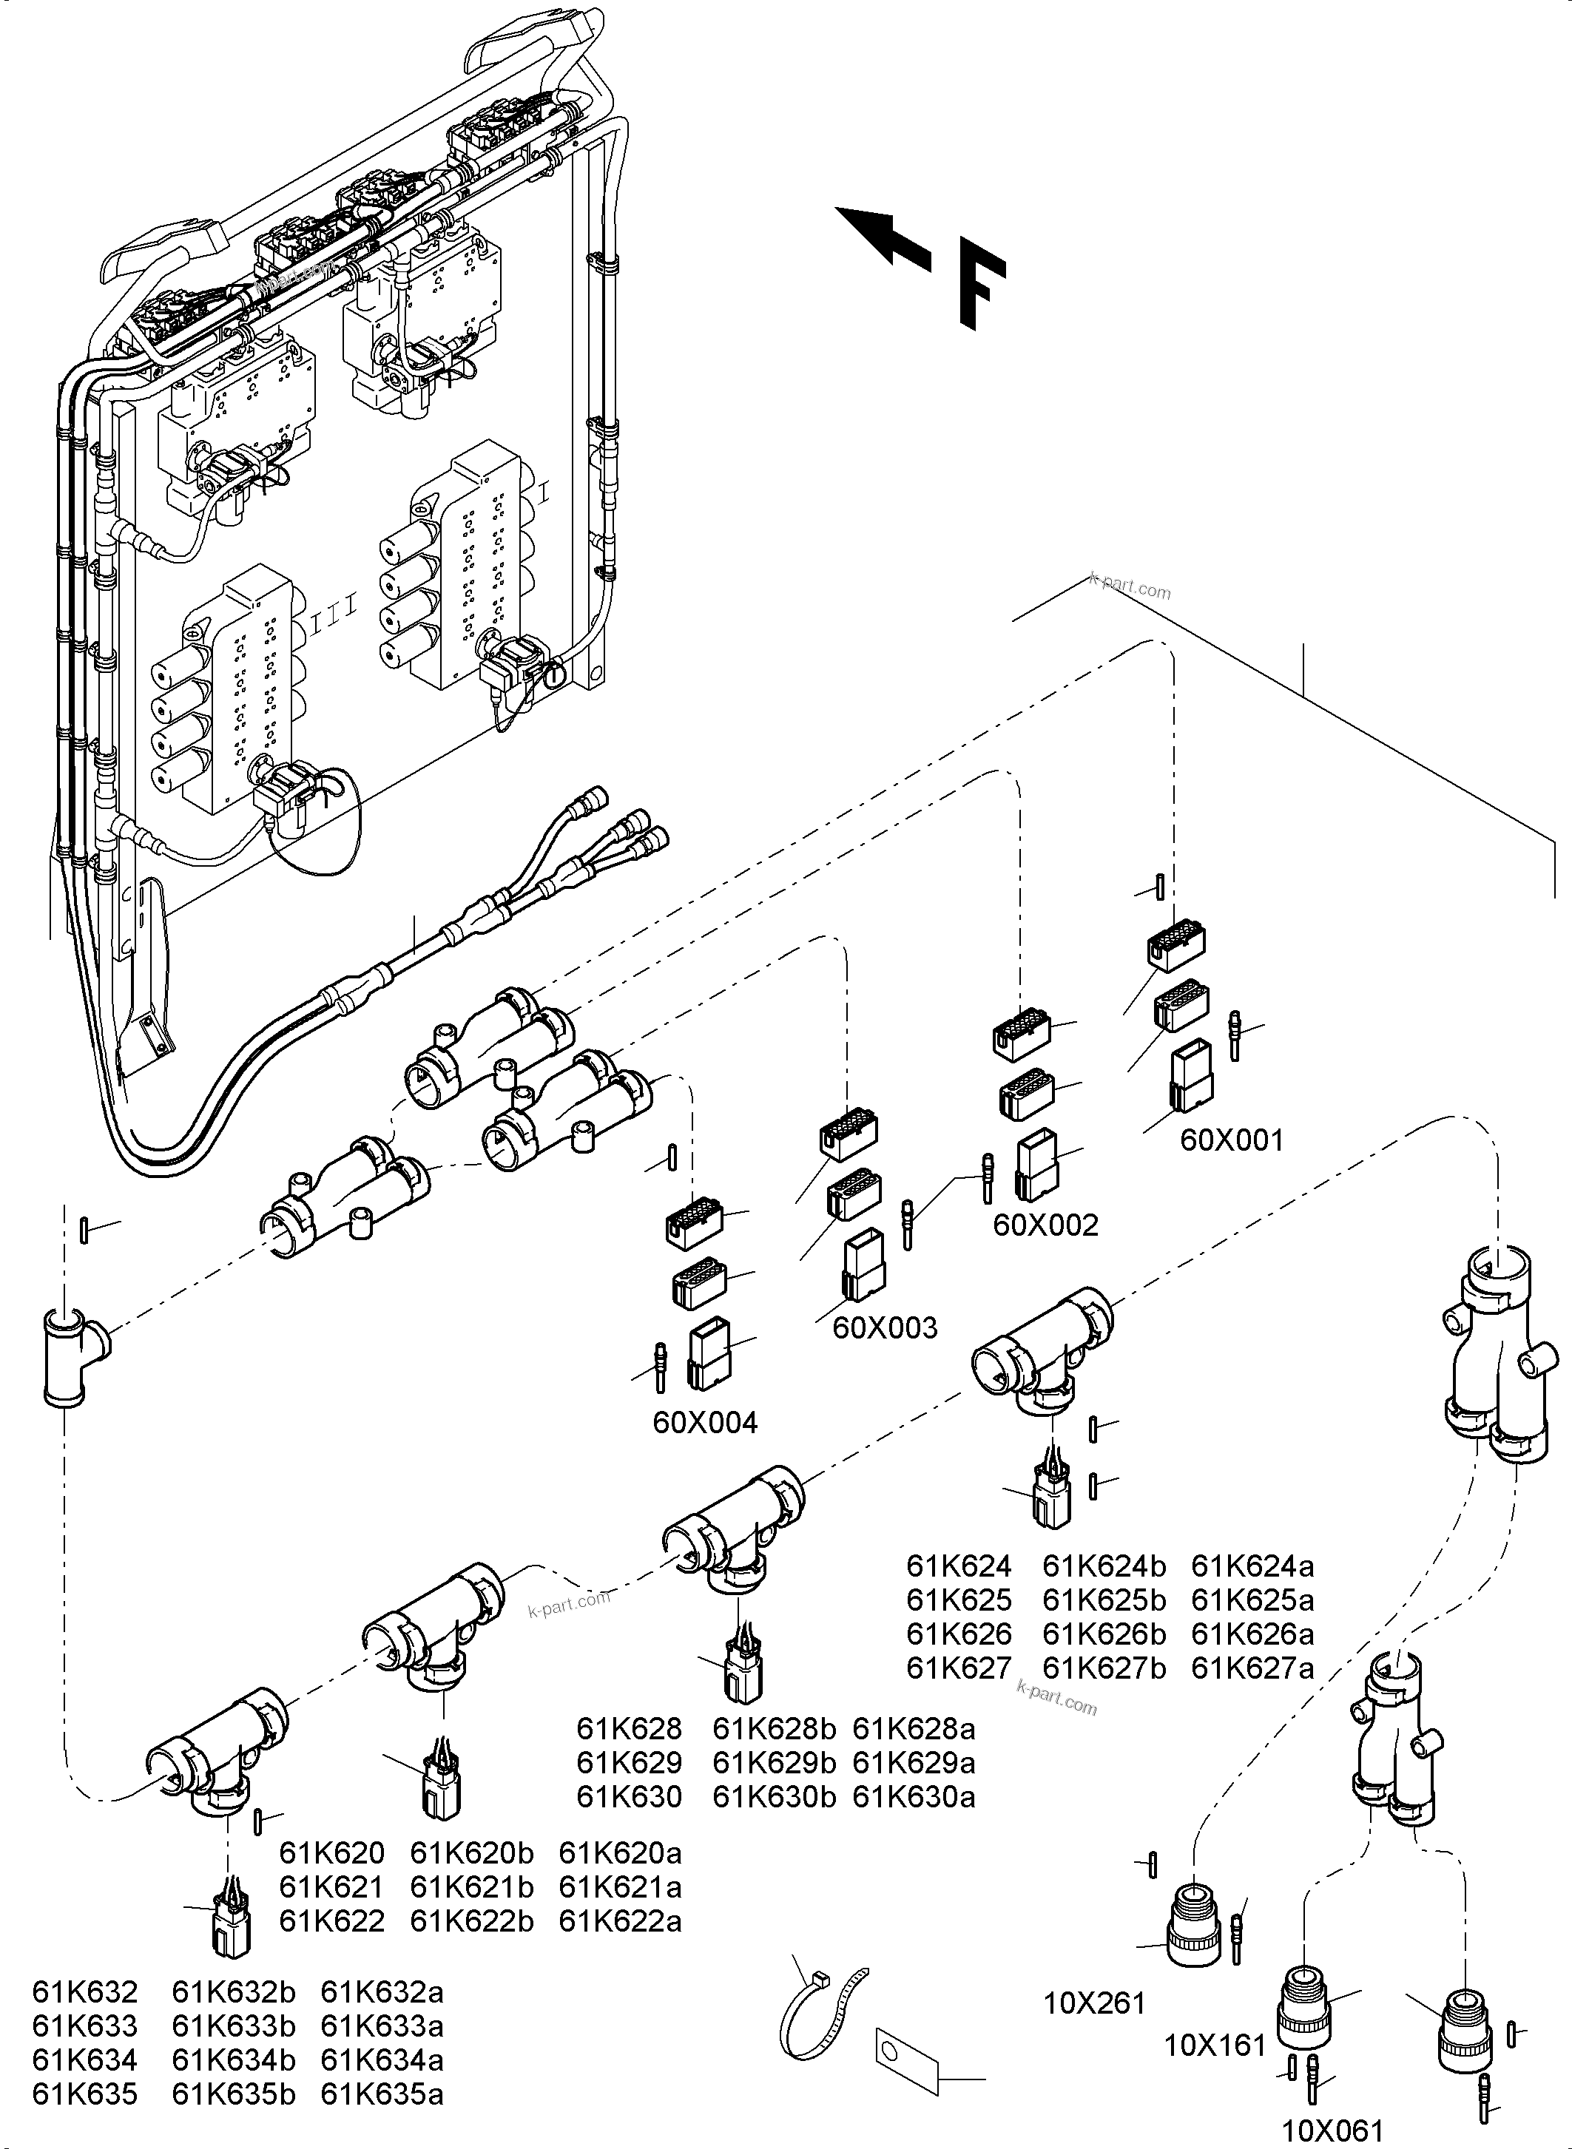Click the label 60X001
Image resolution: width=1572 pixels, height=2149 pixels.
1231,1140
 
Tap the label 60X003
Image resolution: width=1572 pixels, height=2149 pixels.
885,1327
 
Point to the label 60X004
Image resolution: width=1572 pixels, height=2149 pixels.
705,1423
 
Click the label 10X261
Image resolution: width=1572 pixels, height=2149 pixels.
1094,2004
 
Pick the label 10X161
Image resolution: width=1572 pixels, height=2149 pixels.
1215,2045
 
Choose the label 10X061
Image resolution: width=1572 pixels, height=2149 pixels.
1332,2130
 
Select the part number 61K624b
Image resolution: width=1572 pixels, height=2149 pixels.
1104,1566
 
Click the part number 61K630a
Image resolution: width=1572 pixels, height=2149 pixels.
914,1797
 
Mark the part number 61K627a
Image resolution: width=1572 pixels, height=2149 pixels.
1252,1668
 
